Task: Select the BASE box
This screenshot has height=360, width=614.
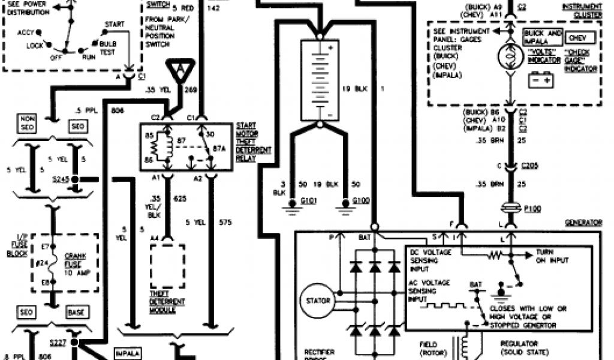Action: click(79, 313)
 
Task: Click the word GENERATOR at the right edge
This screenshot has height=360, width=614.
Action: click(583, 223)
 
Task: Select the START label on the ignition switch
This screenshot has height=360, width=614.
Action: click(114, 25)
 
